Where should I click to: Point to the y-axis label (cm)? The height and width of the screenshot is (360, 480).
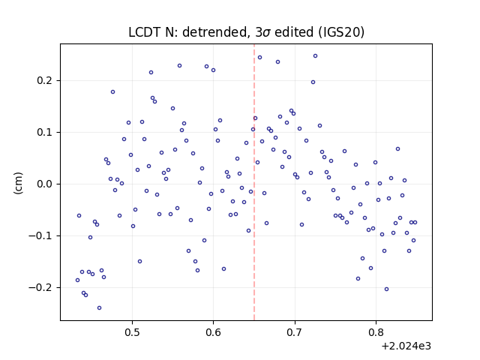[18, 183]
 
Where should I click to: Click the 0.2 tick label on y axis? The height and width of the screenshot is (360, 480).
[45, 80]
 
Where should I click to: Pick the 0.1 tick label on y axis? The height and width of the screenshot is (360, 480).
[45, 132]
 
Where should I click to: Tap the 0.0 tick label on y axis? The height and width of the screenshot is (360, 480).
[45, 184]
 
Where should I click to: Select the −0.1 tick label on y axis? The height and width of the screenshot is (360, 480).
[40, 235]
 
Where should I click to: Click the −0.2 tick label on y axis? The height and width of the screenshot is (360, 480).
[40, 287]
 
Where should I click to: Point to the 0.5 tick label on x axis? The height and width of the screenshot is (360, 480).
[132, 332]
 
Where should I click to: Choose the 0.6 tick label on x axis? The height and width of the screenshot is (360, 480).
[213, 332]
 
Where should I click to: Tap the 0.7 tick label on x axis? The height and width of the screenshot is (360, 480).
[295, 332]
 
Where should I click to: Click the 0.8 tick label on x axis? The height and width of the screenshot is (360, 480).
[376, 332]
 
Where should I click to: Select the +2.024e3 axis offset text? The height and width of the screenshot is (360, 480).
[406, 346]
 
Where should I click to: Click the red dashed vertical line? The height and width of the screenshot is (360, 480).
[254, 182]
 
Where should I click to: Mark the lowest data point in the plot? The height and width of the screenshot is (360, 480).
[99, 307]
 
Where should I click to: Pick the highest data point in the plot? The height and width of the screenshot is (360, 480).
[315, 56]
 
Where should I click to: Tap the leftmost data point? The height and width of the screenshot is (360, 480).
[77, 280]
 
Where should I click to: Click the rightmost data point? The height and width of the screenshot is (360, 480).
[415, 222]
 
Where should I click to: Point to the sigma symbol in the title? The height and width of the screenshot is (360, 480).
[267, 33]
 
